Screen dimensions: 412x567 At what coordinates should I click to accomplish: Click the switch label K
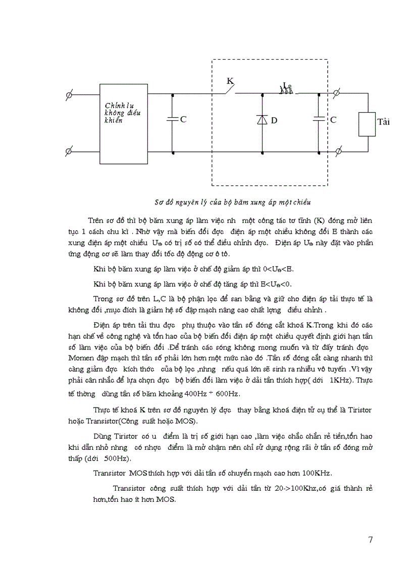tap(230, 81)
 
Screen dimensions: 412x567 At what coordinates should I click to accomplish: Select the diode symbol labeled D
tap(262, 120)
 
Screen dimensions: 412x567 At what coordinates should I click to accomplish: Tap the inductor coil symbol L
tap(286, 90)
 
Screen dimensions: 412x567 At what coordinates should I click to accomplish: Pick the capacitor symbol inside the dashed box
tap(319, 119)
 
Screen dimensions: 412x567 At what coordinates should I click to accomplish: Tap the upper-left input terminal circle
tap(69, 94)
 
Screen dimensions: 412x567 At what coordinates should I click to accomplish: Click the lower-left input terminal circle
tap(69, 151)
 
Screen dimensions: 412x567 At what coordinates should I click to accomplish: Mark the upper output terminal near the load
tap(338, 93)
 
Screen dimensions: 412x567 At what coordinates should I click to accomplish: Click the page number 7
tap(371, 540)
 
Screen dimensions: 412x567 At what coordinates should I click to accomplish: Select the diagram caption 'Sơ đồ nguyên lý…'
tap(232, 202)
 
